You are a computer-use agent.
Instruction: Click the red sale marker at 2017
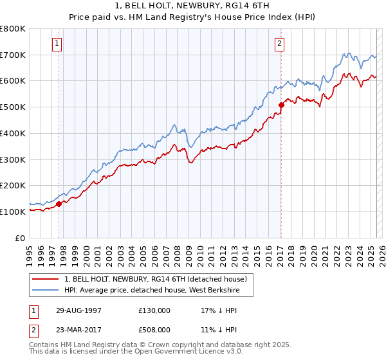coord(281,105)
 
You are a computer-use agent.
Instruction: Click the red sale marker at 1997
coord(59,204)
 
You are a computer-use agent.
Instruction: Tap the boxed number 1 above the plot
coord(58,44)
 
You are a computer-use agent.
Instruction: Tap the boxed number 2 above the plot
coord(280,44)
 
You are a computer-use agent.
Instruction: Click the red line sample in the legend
coord(45,279)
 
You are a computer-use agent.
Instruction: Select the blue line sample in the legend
coord(45,290)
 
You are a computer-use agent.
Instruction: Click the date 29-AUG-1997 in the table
coord(75,310)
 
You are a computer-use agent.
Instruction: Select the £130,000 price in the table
coord(154,310)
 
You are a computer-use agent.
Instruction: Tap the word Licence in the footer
coord(193,352)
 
